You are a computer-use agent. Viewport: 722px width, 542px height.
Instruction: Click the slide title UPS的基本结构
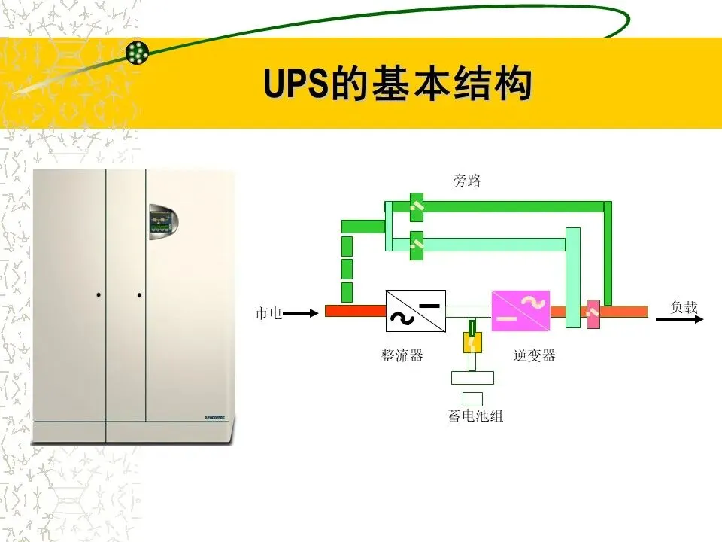[398, 84]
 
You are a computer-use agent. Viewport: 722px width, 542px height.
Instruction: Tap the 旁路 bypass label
[466, 181]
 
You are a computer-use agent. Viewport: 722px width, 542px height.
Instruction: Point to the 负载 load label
[684, 307]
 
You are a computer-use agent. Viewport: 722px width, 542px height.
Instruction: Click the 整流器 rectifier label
[402, 355]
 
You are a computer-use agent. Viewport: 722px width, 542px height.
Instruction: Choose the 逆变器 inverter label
[534, 355]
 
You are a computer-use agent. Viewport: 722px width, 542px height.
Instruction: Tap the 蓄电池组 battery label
[475, 416]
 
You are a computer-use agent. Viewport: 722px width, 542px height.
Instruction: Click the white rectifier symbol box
[415, 311]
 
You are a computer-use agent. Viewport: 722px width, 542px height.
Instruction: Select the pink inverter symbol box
[520, 311]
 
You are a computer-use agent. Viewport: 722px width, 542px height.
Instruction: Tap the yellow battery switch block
[472, 343]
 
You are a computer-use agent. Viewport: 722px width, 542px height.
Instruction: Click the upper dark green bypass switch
[417, 206]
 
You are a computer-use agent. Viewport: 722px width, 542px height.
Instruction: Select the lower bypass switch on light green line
[417, 245]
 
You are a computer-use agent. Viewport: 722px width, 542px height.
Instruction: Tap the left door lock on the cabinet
[99, 294]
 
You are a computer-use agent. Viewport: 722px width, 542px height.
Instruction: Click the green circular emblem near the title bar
[138, 52]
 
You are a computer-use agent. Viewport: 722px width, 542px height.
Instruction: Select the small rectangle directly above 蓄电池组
[472, 399]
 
